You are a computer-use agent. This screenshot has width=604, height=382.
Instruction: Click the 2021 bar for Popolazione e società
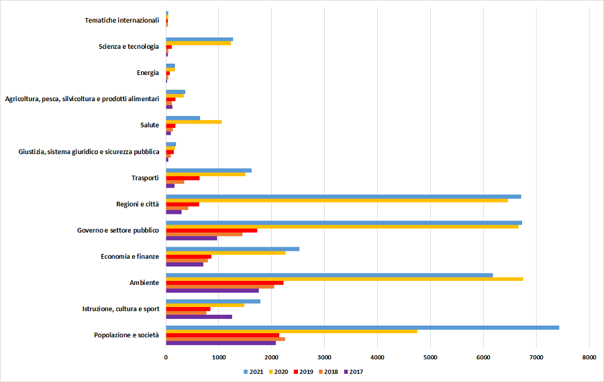pos(362,327)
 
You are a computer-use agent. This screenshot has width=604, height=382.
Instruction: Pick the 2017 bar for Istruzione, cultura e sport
pos(199,316)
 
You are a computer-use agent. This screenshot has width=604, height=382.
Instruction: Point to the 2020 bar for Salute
pos(194,122)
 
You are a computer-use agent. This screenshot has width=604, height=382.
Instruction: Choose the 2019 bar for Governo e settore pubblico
pos(211,231)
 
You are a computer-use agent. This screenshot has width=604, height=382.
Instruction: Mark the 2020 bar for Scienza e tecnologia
pos(198,43)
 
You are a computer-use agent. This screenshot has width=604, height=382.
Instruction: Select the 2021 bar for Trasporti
pos(209,170)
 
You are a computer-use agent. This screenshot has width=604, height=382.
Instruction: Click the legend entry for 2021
pos(254,371)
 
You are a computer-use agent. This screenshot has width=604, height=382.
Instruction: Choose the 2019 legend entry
pos(304,371)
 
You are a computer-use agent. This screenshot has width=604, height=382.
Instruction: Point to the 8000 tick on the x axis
pos(589,358)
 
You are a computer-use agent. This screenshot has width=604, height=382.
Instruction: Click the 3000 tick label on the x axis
pos(324,358)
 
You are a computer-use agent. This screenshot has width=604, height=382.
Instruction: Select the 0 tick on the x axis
pos(166,358)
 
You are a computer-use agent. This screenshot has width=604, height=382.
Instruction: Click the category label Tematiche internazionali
pos(121,20)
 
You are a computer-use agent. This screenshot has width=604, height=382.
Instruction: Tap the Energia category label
pos(147,72)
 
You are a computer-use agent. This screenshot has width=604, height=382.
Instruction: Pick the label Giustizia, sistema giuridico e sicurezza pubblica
pos(89,151)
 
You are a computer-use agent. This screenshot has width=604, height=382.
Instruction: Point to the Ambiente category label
pos(144,283)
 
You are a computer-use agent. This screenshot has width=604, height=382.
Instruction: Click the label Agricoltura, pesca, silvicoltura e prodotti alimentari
pos(82,99)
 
